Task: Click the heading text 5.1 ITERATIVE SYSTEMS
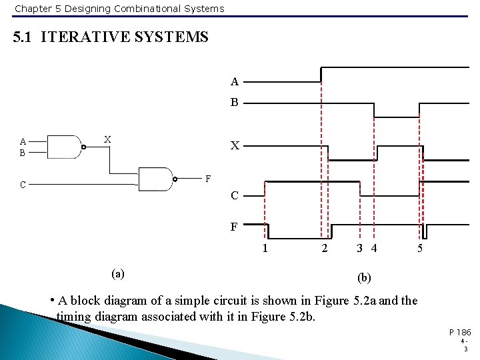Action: tap(111, 37)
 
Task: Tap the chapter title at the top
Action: tap(119, 9)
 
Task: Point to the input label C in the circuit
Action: tap(23, 184)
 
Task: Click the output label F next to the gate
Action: tap(208, 179)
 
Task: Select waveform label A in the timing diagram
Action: tap(234, 82)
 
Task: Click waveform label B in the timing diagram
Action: tap(234, 103)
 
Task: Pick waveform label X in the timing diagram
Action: tap(235, 145)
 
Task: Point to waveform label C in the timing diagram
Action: tap(234, 195)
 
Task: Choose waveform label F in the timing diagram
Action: tap(234, 227)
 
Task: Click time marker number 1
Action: tap(265, 249)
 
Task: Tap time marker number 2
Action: tap(325, 249)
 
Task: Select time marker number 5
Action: tap(419, 249)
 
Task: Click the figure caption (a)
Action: tap(117, 273)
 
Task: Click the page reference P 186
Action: tap(459, 331)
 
